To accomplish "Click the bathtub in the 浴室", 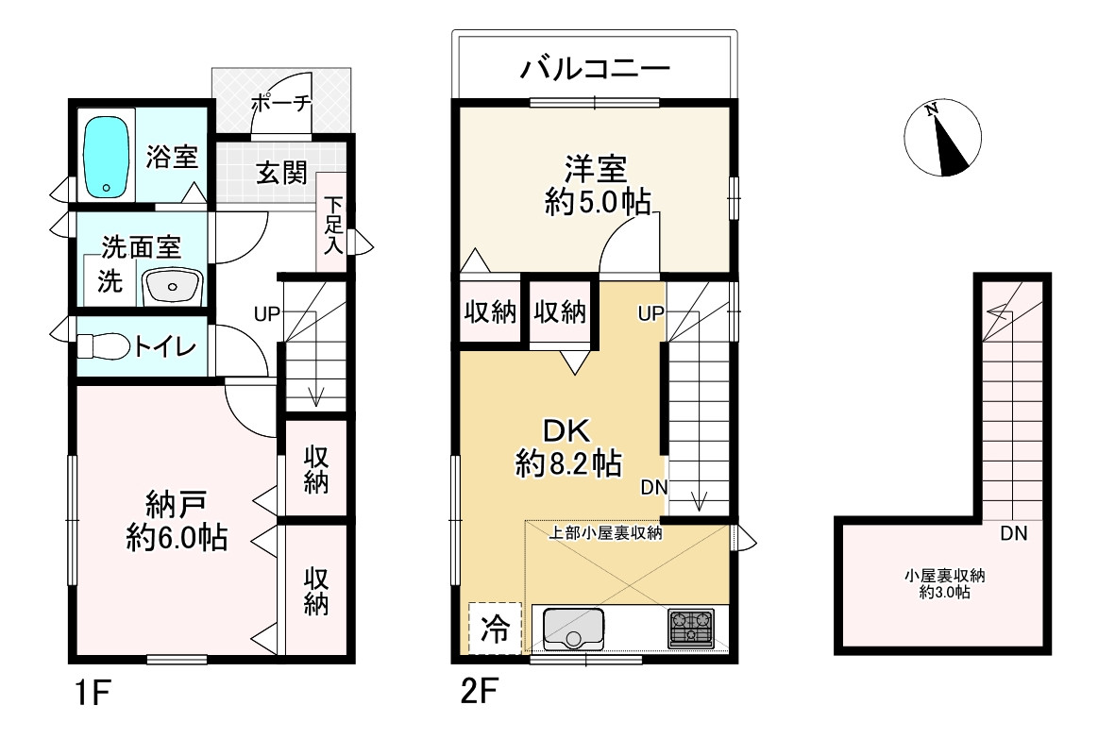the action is pyautogui.click(x=107, y=158).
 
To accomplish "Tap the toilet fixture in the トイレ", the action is pyautogui.click(x=103, y=346).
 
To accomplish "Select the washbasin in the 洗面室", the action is pyautogui.click(x=172, y=287).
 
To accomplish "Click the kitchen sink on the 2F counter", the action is pyautogui.click(x=573, y=629).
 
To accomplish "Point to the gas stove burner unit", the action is pyautogui.click(x=691, y=628).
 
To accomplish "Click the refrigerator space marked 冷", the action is pyautogui.click(x=495, y=628).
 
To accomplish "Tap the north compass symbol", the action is pyautogui.click(x=942, y=137).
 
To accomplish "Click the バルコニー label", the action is pyautogui.click(x=595, y=69).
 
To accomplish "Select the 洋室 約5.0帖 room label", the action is pyautogui.click(x=597, y=185).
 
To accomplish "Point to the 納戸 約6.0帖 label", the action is pyautogui.click(x=177, y=521).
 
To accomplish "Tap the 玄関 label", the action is pyautogui.click(x=281, y=172).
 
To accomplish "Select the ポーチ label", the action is pyautogui.click(x=280, y=104).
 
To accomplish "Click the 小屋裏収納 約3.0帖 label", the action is pyautogui.click(x=945, y=583).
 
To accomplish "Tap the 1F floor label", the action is pyautogui.click(x=93, y=694).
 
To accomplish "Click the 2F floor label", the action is pyautogui.click(x=480, y=692).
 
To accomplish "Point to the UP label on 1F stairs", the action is pyautogui.click(x=267, y=315).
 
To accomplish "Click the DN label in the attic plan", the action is pyautogui.click(x=1013, y=534).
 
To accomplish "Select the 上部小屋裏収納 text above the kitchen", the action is pyautogui.click(x=605, y=533).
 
